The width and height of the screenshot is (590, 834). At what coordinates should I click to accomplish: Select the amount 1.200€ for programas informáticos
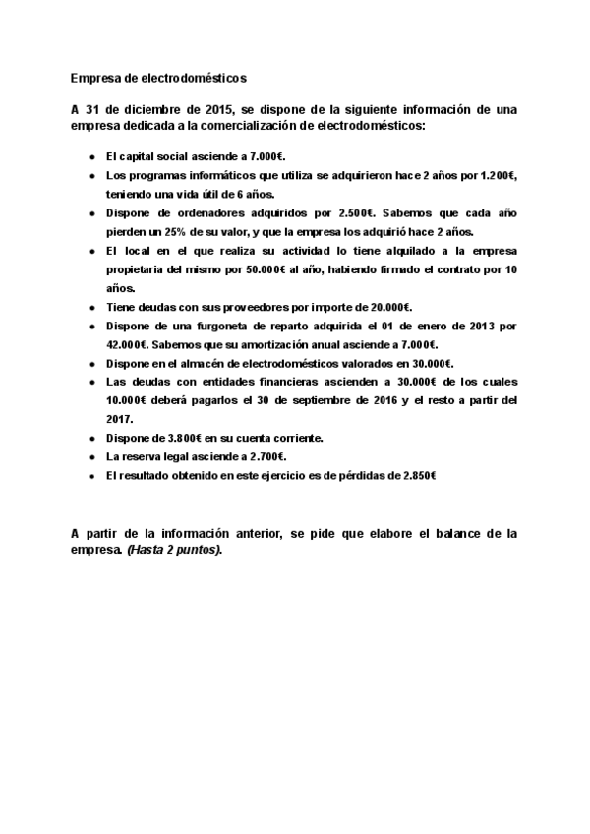pyautogui.click(x=497, y=175)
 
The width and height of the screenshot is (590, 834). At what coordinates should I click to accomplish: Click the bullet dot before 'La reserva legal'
pyautogui.click(x=91, y=457)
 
